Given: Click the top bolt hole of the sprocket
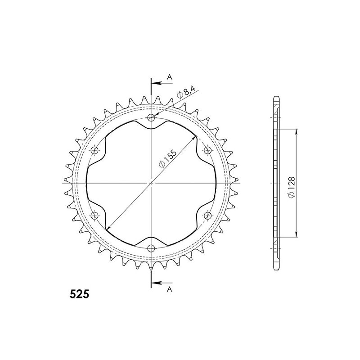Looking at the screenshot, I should coord(151,118).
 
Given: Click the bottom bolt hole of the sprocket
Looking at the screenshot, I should coord(151,248).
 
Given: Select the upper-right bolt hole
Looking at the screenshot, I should coord(207,150).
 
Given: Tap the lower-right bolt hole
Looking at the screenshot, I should coord(207,216).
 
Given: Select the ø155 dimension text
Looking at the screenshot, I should coord(167,157).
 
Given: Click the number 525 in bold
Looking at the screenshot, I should coord(79,295).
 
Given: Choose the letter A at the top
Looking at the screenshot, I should coord(169,77).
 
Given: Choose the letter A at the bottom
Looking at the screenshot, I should coord(169,289).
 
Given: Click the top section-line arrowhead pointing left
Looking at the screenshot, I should coord(154,83).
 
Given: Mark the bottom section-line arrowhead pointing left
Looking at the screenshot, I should coord(154,283).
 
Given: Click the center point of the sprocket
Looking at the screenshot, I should coord(151,183).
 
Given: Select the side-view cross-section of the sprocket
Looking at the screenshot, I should coord(276,183).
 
